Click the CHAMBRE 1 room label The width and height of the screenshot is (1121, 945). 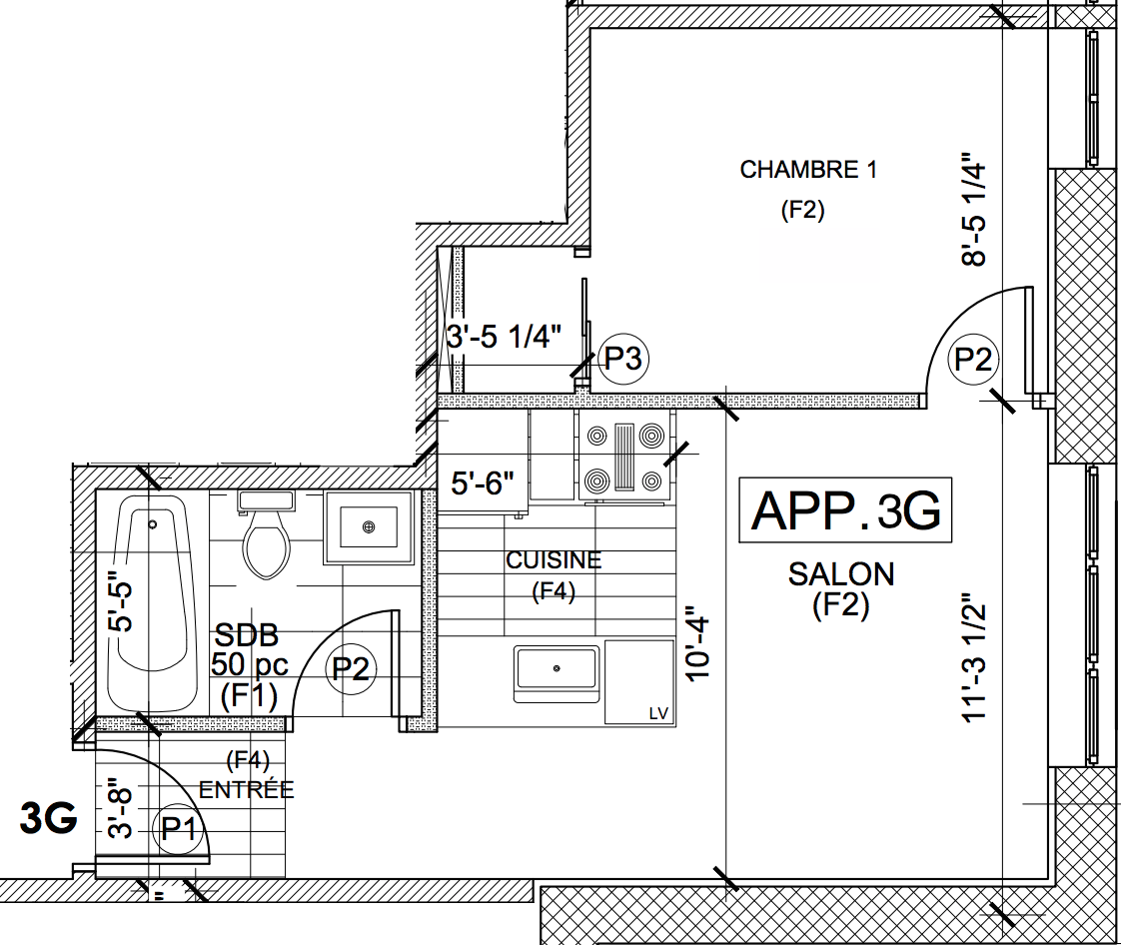[808, 170]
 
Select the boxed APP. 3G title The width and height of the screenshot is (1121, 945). [845, 510]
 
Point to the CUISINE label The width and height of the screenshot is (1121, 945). [554, 560]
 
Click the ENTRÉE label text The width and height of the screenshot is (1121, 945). [246, 789]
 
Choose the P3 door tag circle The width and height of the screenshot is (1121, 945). [623, 358]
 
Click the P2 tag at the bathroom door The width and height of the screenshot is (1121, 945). [350, 668]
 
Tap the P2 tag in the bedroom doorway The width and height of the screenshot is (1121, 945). [973, 359]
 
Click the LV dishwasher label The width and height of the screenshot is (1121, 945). [657, 713]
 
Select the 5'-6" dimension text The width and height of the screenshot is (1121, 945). [483, 484]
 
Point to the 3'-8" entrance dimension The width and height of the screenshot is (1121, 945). [120, 809]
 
